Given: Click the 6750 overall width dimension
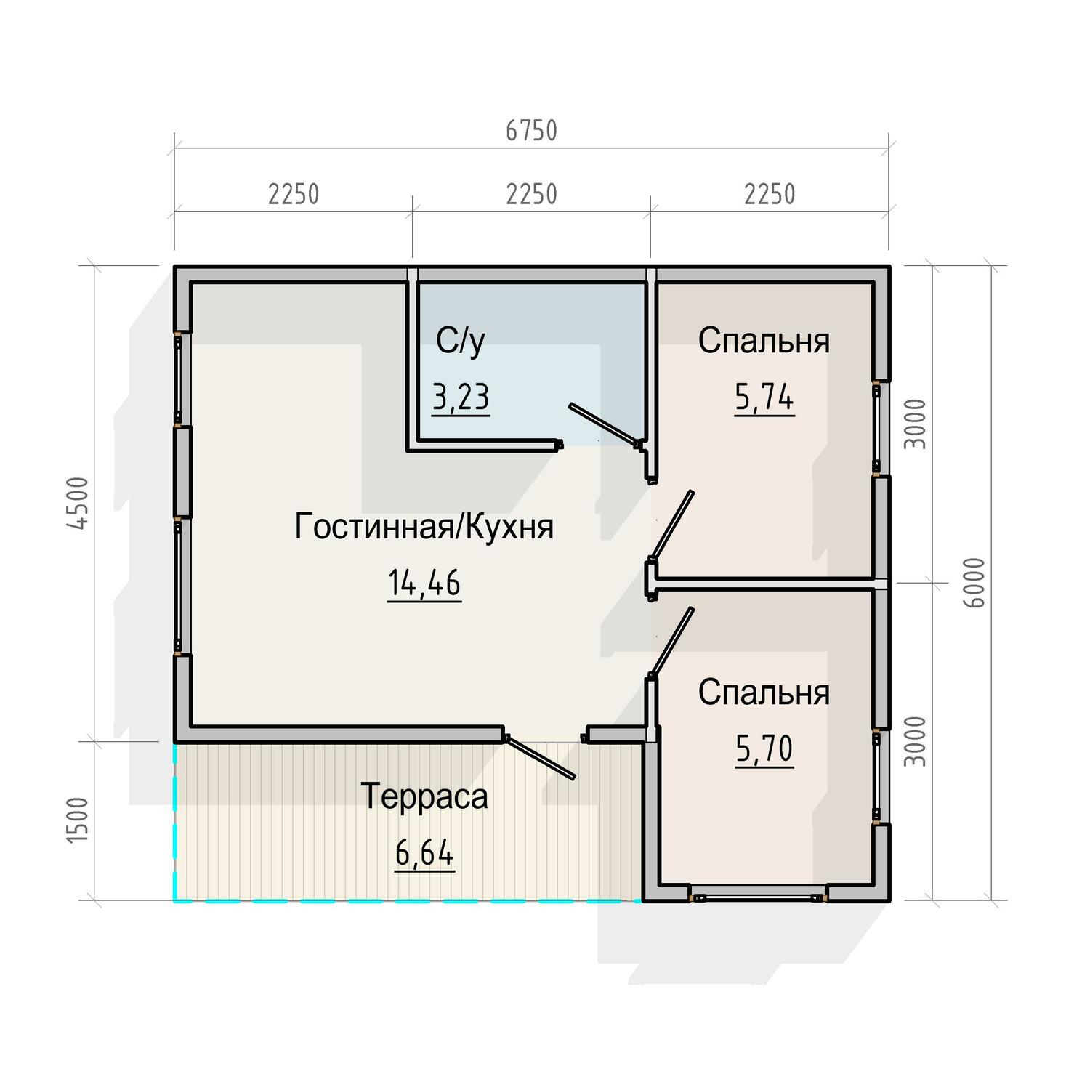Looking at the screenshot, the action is (x=531, y=131).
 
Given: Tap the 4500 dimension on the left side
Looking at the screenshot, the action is (x=78, y=503).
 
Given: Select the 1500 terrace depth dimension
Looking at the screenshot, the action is (x=78, y=820).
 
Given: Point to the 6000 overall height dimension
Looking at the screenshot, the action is (x=976, y=583).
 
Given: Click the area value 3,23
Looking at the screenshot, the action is (x=461, y=398).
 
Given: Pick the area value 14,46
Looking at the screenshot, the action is (x=424, y=584).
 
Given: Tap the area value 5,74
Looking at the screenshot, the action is (x=764, y=398).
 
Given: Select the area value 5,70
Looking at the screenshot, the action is (x=764, y=750).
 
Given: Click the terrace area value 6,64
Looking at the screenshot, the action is (x=425, y=853).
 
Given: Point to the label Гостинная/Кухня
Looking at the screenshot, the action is (x=424, y=527).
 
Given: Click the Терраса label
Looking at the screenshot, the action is (x=424, y=797).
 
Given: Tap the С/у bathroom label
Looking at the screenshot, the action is (x=461, y=342).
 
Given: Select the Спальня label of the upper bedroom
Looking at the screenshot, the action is (x=764, y=341).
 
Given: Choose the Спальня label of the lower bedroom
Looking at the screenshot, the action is (x=764, y=693).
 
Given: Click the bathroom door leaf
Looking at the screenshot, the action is (x=603, y=424).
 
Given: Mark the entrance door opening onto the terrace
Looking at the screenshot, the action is (x=539, y=757).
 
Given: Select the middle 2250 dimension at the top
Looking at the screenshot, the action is (x=531, y=195).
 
